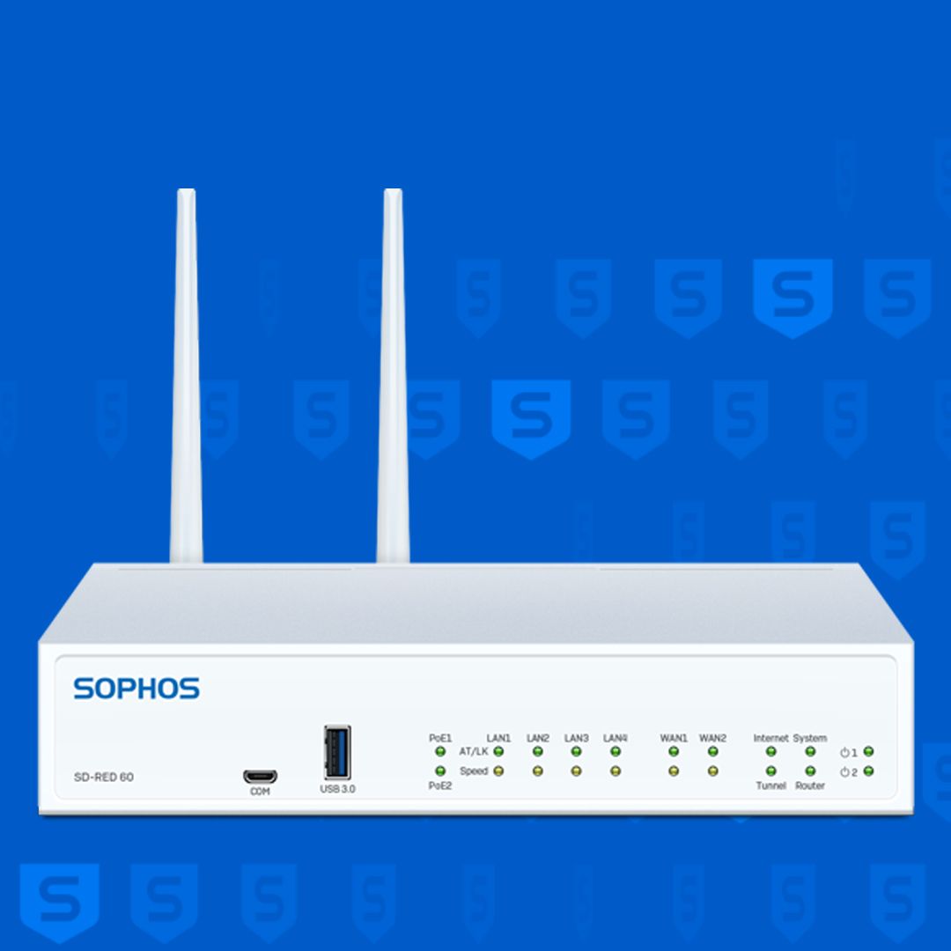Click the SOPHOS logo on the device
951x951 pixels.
coord(136,689)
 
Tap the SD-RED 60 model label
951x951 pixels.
coord(104,777)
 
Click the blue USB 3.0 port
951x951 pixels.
coord(337,752)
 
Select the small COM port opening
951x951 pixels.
coord(260,776)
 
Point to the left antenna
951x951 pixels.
coord(186,376)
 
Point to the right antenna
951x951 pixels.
coord(393,376)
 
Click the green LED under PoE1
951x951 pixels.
coord(440,751)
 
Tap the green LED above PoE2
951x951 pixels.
coord(440,770)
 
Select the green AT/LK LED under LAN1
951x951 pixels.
coord(498,751)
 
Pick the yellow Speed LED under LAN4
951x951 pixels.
coord(616,770)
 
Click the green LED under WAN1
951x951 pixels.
coord(674,751)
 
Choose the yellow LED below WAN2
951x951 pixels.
coord(712,770)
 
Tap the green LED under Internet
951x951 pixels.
coord(770,751)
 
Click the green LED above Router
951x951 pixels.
coord(810,770)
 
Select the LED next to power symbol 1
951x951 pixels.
coord(868,751)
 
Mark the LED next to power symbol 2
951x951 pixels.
coord(868,770)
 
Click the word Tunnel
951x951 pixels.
coord(770,785)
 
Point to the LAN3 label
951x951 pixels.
coord(576,738)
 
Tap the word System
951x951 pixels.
coord(810,738)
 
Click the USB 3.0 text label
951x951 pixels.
coord(338,789)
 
